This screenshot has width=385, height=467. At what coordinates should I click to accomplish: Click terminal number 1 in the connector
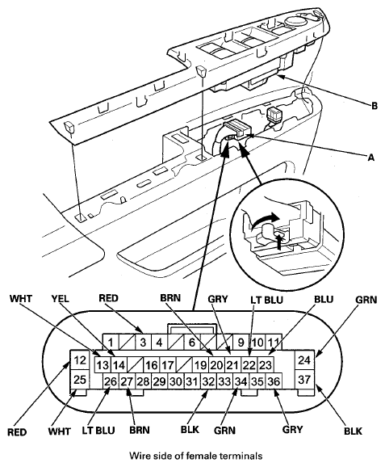coord(111,343)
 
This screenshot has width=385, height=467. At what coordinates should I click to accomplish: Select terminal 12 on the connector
coord(79,360)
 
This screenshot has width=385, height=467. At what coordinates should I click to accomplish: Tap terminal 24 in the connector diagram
coord(304,360)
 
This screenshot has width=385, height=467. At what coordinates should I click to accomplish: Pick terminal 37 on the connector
coord(304,379)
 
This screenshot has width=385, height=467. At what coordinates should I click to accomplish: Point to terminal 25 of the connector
coord(79,379)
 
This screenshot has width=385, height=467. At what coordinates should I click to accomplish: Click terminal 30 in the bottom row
coord(175,381)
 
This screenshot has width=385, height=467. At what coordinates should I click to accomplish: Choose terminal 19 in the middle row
coord(200,364)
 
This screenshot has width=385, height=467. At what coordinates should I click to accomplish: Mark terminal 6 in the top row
coord(191,343)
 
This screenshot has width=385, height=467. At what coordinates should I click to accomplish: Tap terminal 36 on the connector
coord(273,381)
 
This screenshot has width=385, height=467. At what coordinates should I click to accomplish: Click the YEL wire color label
coord(60,298)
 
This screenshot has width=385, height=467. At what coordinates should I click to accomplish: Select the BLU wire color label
coord(324,299)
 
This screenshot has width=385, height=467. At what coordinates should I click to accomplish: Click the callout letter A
coord(370,157)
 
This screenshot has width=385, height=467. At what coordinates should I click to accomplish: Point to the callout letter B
coord(375,105)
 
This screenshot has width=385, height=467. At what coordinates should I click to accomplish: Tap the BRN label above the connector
coord(170,298)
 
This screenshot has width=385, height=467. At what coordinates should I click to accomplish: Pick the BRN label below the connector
coord(140,430)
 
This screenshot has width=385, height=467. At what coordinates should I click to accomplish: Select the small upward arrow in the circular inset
coord(278,241)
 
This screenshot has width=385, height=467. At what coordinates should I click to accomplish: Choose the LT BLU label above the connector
coord(266,299)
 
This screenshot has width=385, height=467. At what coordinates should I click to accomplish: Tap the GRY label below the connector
coord(292,430)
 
